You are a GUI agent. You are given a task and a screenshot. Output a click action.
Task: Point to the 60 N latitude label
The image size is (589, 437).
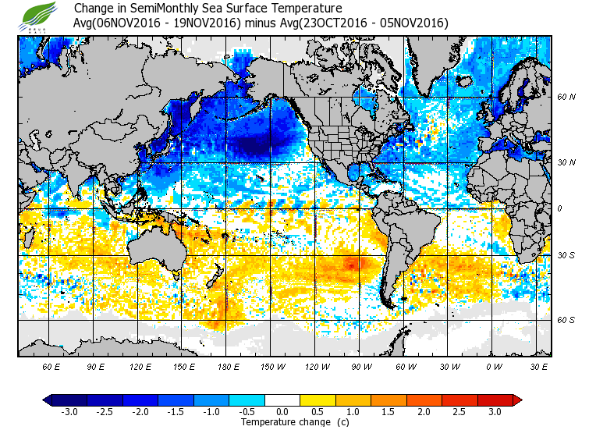tap(566, 98)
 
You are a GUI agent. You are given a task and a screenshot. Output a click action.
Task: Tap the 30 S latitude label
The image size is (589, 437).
tap(566, 255)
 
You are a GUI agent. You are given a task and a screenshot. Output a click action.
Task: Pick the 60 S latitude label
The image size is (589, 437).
tap(566, 319)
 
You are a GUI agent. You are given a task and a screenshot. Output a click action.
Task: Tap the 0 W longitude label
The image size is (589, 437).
tap(493, 366)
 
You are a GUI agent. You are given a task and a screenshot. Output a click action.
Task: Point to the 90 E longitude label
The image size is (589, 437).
tap(95, 366)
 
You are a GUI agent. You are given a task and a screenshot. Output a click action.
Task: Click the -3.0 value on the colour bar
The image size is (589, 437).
tap(69, 412)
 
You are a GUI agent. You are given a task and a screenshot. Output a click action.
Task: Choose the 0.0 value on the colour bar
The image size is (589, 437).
tap(282, 412)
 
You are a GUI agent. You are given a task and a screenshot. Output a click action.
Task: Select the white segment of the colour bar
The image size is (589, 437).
tap(282, 400)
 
